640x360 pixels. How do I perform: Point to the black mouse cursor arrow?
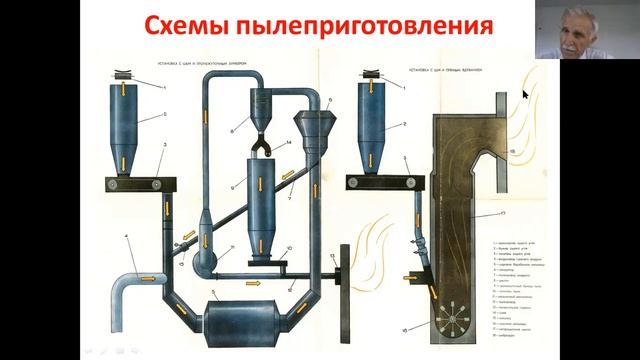[526, 96]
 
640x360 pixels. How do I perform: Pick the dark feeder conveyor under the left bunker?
[137, 184]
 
